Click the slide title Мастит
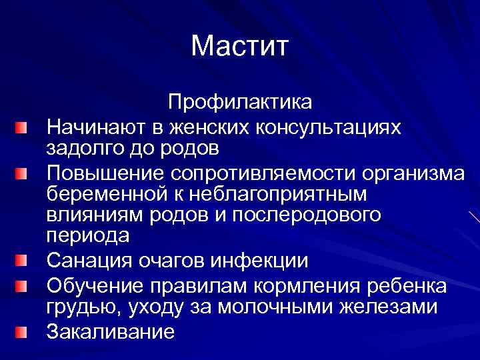pyautogui.click(x=239, y=47)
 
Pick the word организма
pyautogui.click(x=413, y=173)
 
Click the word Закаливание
pyautogui.click(x=110, y=331)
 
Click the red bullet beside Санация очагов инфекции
pyautogui.click(x=23, y=260)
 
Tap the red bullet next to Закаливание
pyautogui.click(x=23, y=331)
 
